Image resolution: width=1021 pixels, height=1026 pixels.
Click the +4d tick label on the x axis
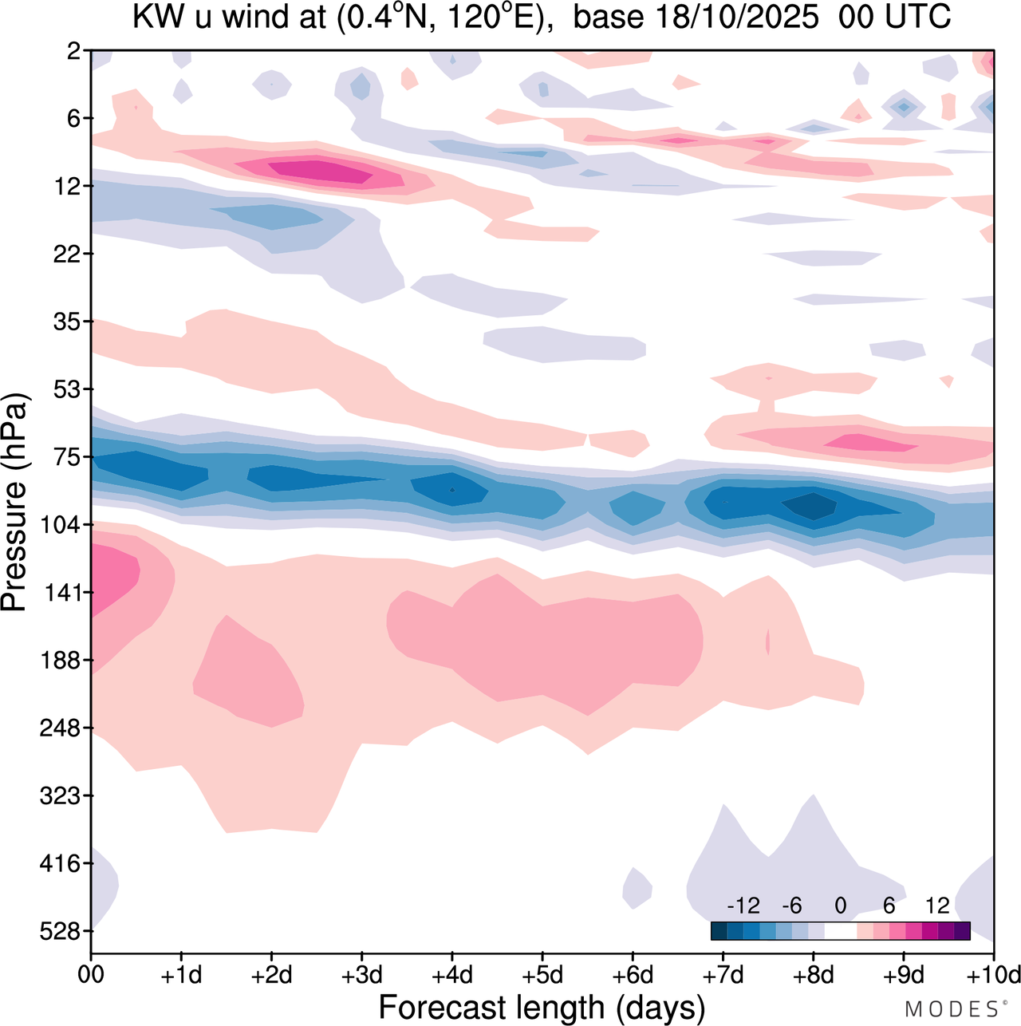451,975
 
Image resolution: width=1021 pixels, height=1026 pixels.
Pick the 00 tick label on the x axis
91,975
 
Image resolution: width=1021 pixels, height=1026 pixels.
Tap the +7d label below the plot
723,975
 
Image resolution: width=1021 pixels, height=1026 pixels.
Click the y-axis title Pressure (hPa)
14,503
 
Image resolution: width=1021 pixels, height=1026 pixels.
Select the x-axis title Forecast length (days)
542,1008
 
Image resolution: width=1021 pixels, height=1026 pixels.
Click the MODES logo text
950,1009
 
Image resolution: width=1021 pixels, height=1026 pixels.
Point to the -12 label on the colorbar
743,906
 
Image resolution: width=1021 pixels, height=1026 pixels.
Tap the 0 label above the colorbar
840,906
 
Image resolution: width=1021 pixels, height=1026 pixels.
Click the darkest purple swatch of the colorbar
962,930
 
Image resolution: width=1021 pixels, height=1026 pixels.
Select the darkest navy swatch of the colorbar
719,930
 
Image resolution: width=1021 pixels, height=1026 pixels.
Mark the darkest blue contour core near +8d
811,506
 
